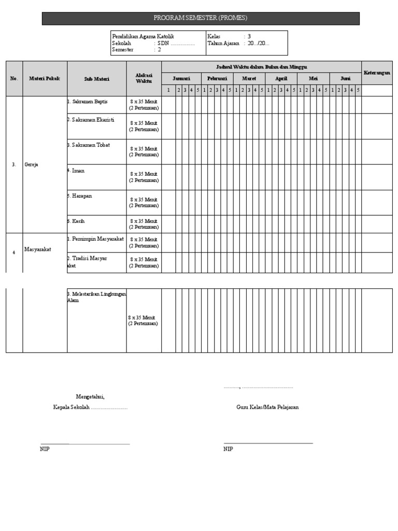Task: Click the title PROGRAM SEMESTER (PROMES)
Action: [x=200, y=18]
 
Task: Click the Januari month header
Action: [x=181, y=78]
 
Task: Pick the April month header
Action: [x=281, y=78]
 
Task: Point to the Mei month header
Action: [x=313, y=78]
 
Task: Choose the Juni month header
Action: [x=345, y=78]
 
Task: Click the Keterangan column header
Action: [x=377, y=73]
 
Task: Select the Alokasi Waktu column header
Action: [x=144, y=78]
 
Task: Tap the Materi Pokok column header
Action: [x=45, y=78]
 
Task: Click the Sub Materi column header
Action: [x=96, y=78]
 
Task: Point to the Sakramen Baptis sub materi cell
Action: [x=89, y=102]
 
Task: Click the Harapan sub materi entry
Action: [x=83, y=196]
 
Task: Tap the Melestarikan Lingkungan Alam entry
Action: [x=97, y=297]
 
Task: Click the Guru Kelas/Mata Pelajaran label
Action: [x=267, y=407]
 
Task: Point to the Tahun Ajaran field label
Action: [x=223, y=44]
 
